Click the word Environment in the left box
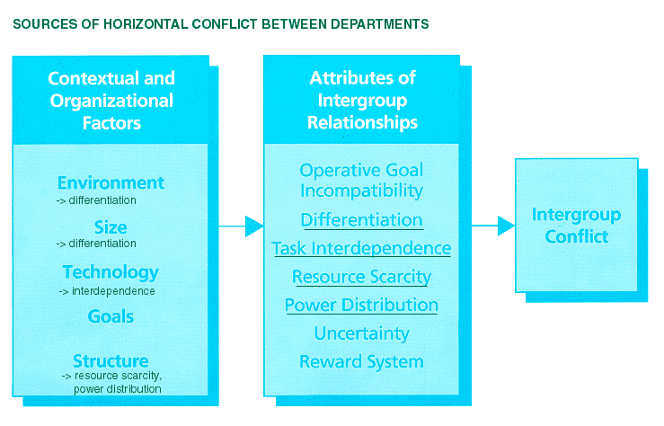(x=111, y=183)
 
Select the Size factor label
(x=111, y=227)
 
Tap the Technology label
(x=111, y=272)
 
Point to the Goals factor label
(x=111, y=316)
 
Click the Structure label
(x=111, y=360)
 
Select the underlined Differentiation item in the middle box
(x=361, y=220)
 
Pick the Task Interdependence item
(x=361, y=249)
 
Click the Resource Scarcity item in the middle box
(x=361, y=277)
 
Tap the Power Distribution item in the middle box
(x=361, y=305)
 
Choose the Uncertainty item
(x=361, y=333)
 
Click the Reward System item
(x=361, y=361)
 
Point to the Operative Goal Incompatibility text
(x=361, y=181)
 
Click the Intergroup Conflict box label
(x=576, y=226)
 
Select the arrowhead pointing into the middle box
(x=254, y=226)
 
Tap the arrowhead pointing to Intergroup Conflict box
(x=506, y=226)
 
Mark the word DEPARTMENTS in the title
(x=380, y=24)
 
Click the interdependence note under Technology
(x=107, y=291)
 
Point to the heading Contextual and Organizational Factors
(x=111, y=101)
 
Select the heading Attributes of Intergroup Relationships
(x=362, y=101)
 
